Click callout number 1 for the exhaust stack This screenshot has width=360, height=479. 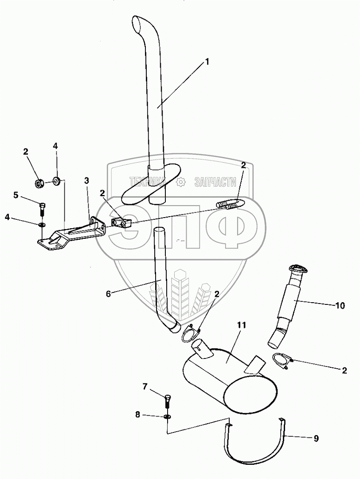click(206, 62)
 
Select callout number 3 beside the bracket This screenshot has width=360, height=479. click(87, 180)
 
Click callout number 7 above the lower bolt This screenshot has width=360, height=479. click(145, 387)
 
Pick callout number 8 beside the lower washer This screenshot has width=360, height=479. click(137, 415)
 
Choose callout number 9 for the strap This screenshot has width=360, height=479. click(316, 439)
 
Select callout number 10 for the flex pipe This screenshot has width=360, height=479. click(340, 305)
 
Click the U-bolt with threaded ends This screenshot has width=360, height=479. click(229, 205)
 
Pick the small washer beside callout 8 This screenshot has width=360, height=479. click(168, 417)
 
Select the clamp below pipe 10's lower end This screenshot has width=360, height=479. click(282, 358)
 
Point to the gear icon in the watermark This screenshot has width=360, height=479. click(181, 181)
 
